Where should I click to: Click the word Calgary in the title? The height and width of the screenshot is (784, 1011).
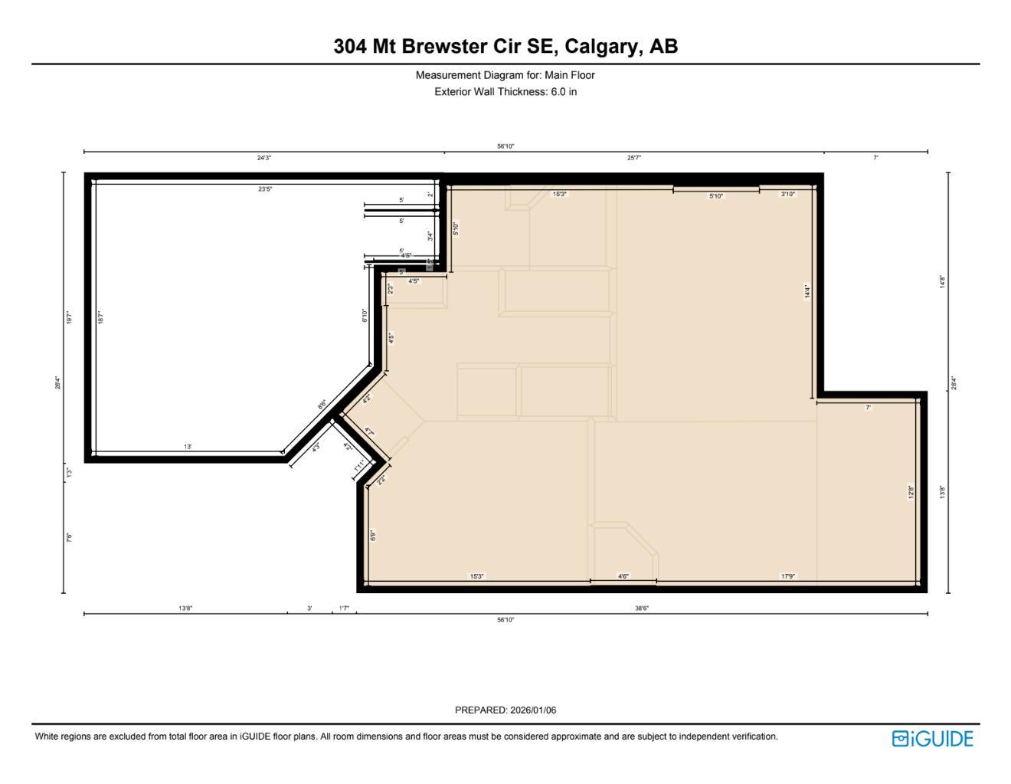[x=601, y=47]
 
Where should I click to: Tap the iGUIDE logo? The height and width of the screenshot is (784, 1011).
[x=932, y=739]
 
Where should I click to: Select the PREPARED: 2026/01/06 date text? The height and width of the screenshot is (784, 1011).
[x=505, y=710]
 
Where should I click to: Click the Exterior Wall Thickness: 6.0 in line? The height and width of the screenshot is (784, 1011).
[x=505, y=92]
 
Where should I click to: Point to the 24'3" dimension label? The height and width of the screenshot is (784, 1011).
[x=264, y=158]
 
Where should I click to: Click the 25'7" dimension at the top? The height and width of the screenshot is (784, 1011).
[x=634, y=158]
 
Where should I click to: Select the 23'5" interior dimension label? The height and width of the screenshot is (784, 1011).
[x=265, y=189]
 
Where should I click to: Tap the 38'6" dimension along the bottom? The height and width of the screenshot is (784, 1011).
[x=642, y=609]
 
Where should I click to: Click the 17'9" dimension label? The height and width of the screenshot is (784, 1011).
[x=788, y=576]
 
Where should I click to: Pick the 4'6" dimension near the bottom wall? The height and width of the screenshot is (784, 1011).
[x=623, y=576]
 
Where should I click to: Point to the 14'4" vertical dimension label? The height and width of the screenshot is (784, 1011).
[x=807, y=291]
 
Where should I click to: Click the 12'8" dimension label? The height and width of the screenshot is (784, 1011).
[x=911, y=492]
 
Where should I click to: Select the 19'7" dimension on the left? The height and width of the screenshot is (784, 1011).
[x=69, y=317]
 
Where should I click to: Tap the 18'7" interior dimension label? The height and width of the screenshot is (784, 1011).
[x=100, y=317]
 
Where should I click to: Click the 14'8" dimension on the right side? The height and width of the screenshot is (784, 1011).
[x=943, y=282]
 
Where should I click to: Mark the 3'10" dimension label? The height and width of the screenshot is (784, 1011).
[x=788, y=195]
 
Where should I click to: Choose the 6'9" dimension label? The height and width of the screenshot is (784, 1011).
[x=373, y=535]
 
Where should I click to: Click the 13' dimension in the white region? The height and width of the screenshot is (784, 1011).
[x=188, y=447]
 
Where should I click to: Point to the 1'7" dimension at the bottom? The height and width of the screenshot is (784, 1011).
[x=344, y=609]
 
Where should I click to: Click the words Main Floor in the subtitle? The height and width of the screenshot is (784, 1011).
[x=570, y=75]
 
